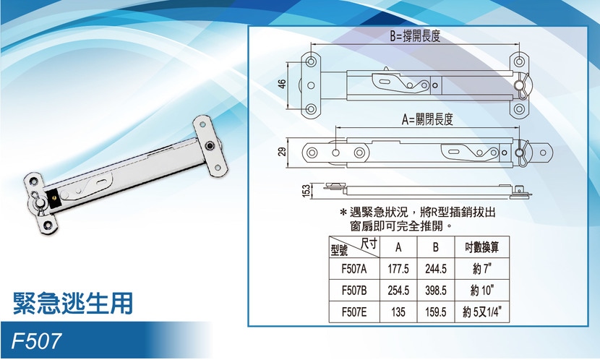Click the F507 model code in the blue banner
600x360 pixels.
pos(36,340)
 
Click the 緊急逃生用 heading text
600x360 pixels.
pos(73,304)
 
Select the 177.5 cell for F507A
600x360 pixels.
pos(398,269)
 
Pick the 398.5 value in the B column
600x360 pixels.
pos(435,291)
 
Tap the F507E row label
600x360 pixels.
pos(354,312)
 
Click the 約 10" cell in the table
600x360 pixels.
pos(481,291)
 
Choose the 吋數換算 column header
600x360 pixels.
pos(481,247)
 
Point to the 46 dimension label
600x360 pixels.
pos(282,84)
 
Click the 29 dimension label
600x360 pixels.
pos(282,152)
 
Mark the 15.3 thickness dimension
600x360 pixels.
pos(306,191)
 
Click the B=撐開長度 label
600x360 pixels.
pos(415,36)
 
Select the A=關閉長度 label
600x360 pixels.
pos(427,120)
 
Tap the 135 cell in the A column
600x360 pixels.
pos(398,312)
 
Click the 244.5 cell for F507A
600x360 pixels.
pos(435,269)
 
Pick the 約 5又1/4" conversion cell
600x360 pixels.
pos(481,312)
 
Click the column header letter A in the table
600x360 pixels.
pos(398,247)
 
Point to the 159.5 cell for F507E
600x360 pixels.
pos(435,312)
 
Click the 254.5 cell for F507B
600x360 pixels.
pos(398,291)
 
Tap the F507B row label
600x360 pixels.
pos(354,291)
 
